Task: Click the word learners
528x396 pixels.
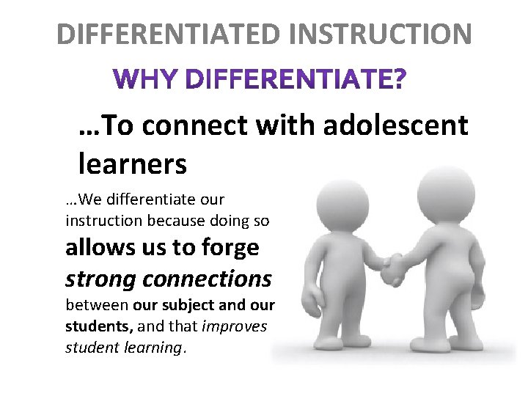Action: click(x=132, y=164)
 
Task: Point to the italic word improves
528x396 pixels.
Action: click(x=233, y=326)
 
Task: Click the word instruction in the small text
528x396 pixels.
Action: click(x=103, y=220)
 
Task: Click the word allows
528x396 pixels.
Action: click(x=95, y=248)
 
